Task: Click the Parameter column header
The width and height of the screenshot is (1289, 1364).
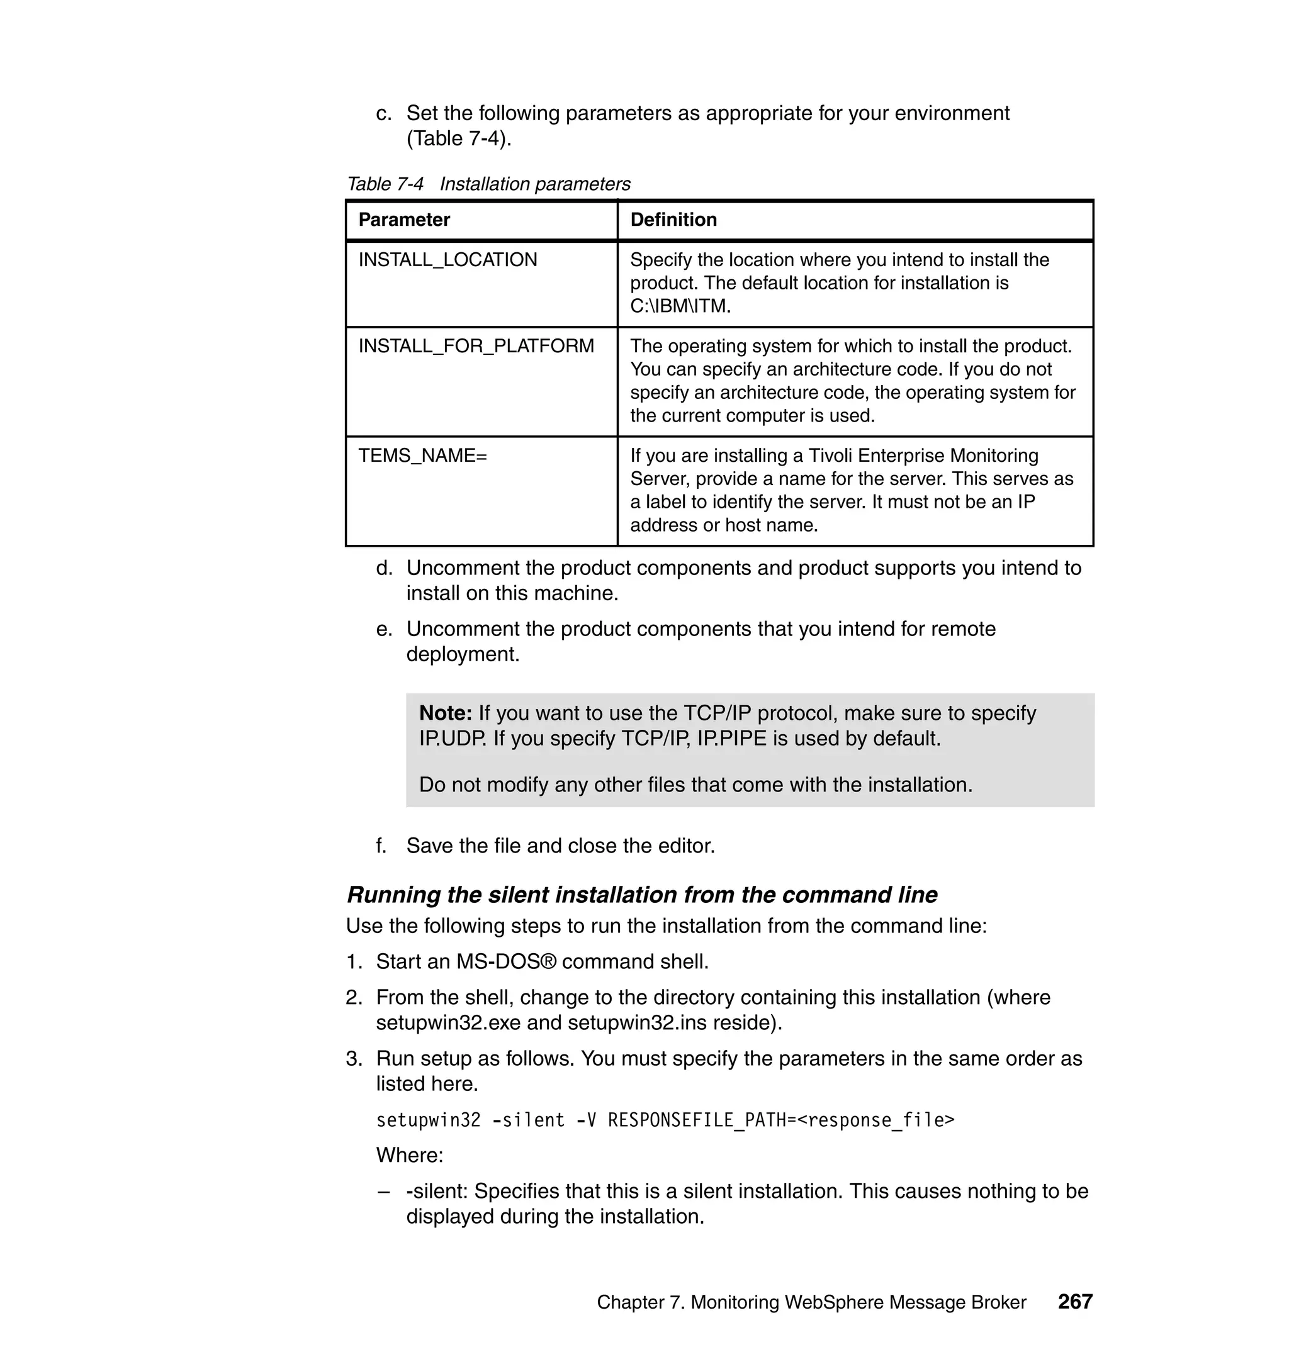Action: coord(404,220)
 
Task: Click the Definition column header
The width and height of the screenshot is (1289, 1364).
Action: coord(673,220)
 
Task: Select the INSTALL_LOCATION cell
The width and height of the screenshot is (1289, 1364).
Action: coord(448,260)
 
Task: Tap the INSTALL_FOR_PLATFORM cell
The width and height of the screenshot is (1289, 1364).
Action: coord(476,346)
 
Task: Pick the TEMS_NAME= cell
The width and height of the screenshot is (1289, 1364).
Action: coord(422,456)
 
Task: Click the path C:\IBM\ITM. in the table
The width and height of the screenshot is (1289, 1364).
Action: coord(680,306)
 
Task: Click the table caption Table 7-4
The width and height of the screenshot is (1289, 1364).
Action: coord(385,184)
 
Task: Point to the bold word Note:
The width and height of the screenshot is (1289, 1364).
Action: coord(445,713)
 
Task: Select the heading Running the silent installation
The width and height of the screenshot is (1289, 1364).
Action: coord(642,895)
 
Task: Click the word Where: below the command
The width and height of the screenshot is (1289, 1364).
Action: coord(410,1156)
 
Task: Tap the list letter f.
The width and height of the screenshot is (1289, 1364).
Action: coord(381,846)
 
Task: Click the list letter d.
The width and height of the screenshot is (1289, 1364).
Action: coord(383,569)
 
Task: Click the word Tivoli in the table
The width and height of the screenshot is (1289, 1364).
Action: coord(831,456)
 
